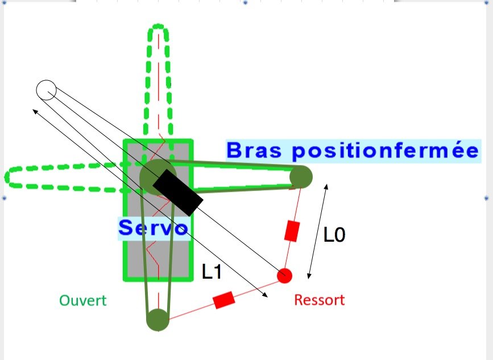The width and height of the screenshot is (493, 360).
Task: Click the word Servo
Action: click(152, 228)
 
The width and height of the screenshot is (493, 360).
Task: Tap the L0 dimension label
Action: click(334, 235)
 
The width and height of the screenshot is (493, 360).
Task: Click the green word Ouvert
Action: click(82, 300)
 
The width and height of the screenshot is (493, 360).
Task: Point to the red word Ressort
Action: click(319, 300)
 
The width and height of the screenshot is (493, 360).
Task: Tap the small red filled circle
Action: click(284, 276)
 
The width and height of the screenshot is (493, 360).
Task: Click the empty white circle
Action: click(46, 90)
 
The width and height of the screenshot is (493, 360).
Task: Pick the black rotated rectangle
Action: click(177, 192)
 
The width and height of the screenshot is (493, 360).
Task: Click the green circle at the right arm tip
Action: click(301, 177)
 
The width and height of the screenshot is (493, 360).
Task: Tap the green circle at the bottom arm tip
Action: click(158, 320)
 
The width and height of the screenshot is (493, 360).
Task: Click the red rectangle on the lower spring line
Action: click(223, 299)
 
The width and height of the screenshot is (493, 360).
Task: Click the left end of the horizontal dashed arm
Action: click(8, 177)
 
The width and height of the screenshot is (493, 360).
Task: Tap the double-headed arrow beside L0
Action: click(318, 231)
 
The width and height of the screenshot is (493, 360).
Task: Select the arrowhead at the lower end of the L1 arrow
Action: click(266, 295)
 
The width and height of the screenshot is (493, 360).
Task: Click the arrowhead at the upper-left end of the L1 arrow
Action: click(34, 111)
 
